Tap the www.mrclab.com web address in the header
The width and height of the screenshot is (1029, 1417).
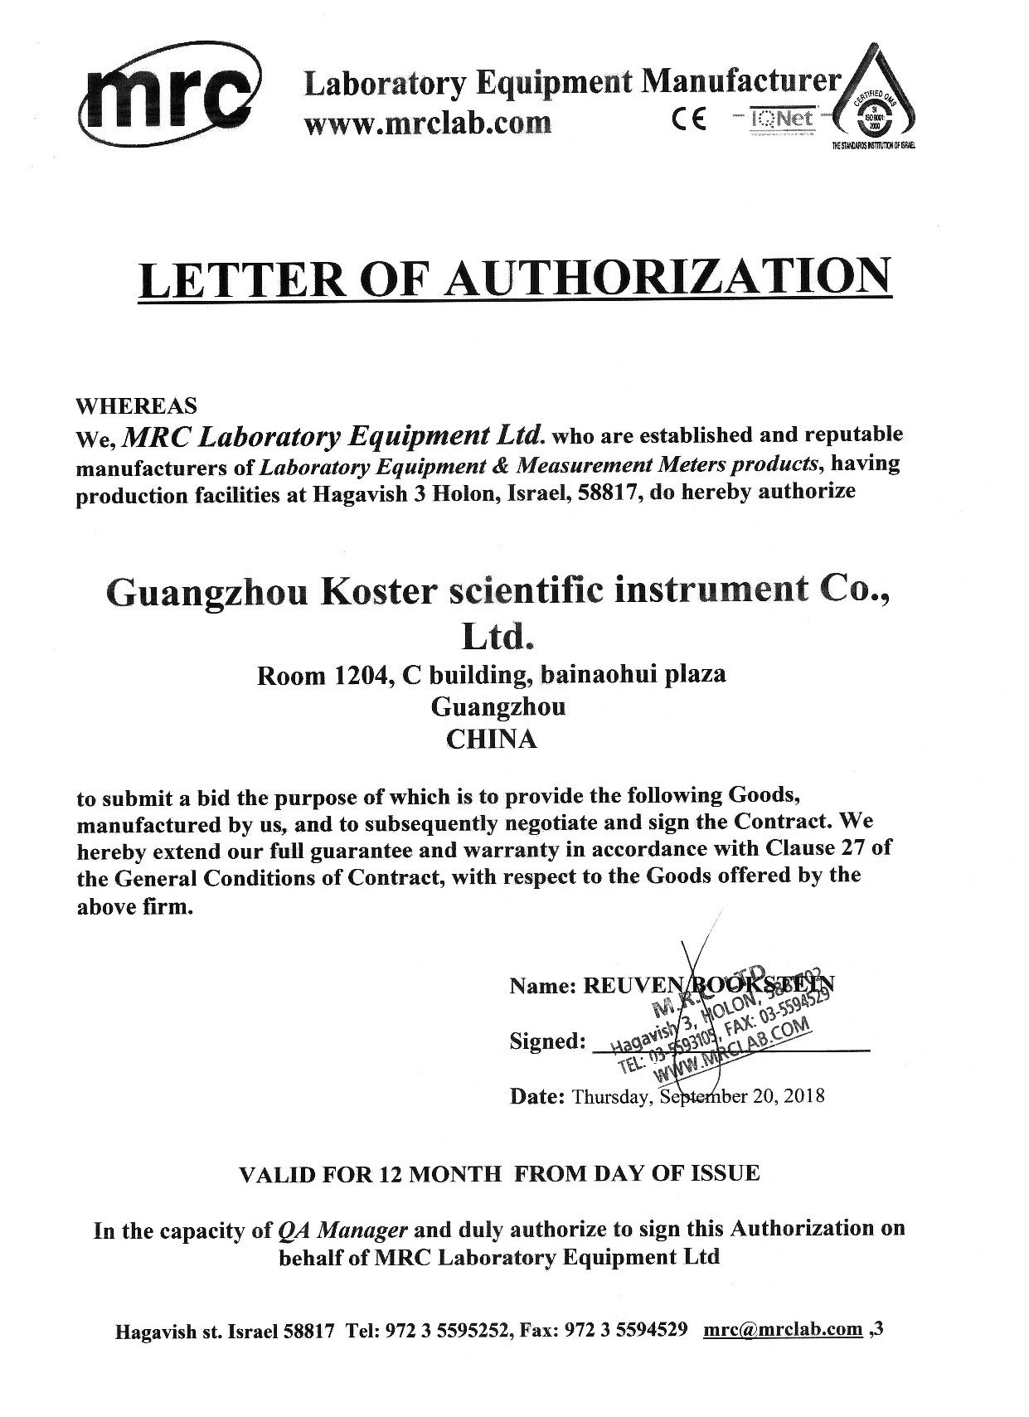click(428, 123)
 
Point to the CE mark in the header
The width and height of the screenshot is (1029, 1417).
click(689, 121)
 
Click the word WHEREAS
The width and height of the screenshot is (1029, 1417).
click(137, 406)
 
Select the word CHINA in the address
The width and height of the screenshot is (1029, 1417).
click(492, 739)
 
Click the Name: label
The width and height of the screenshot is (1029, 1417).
click(542, 986)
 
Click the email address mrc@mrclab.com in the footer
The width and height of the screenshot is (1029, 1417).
click(783, 1330)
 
